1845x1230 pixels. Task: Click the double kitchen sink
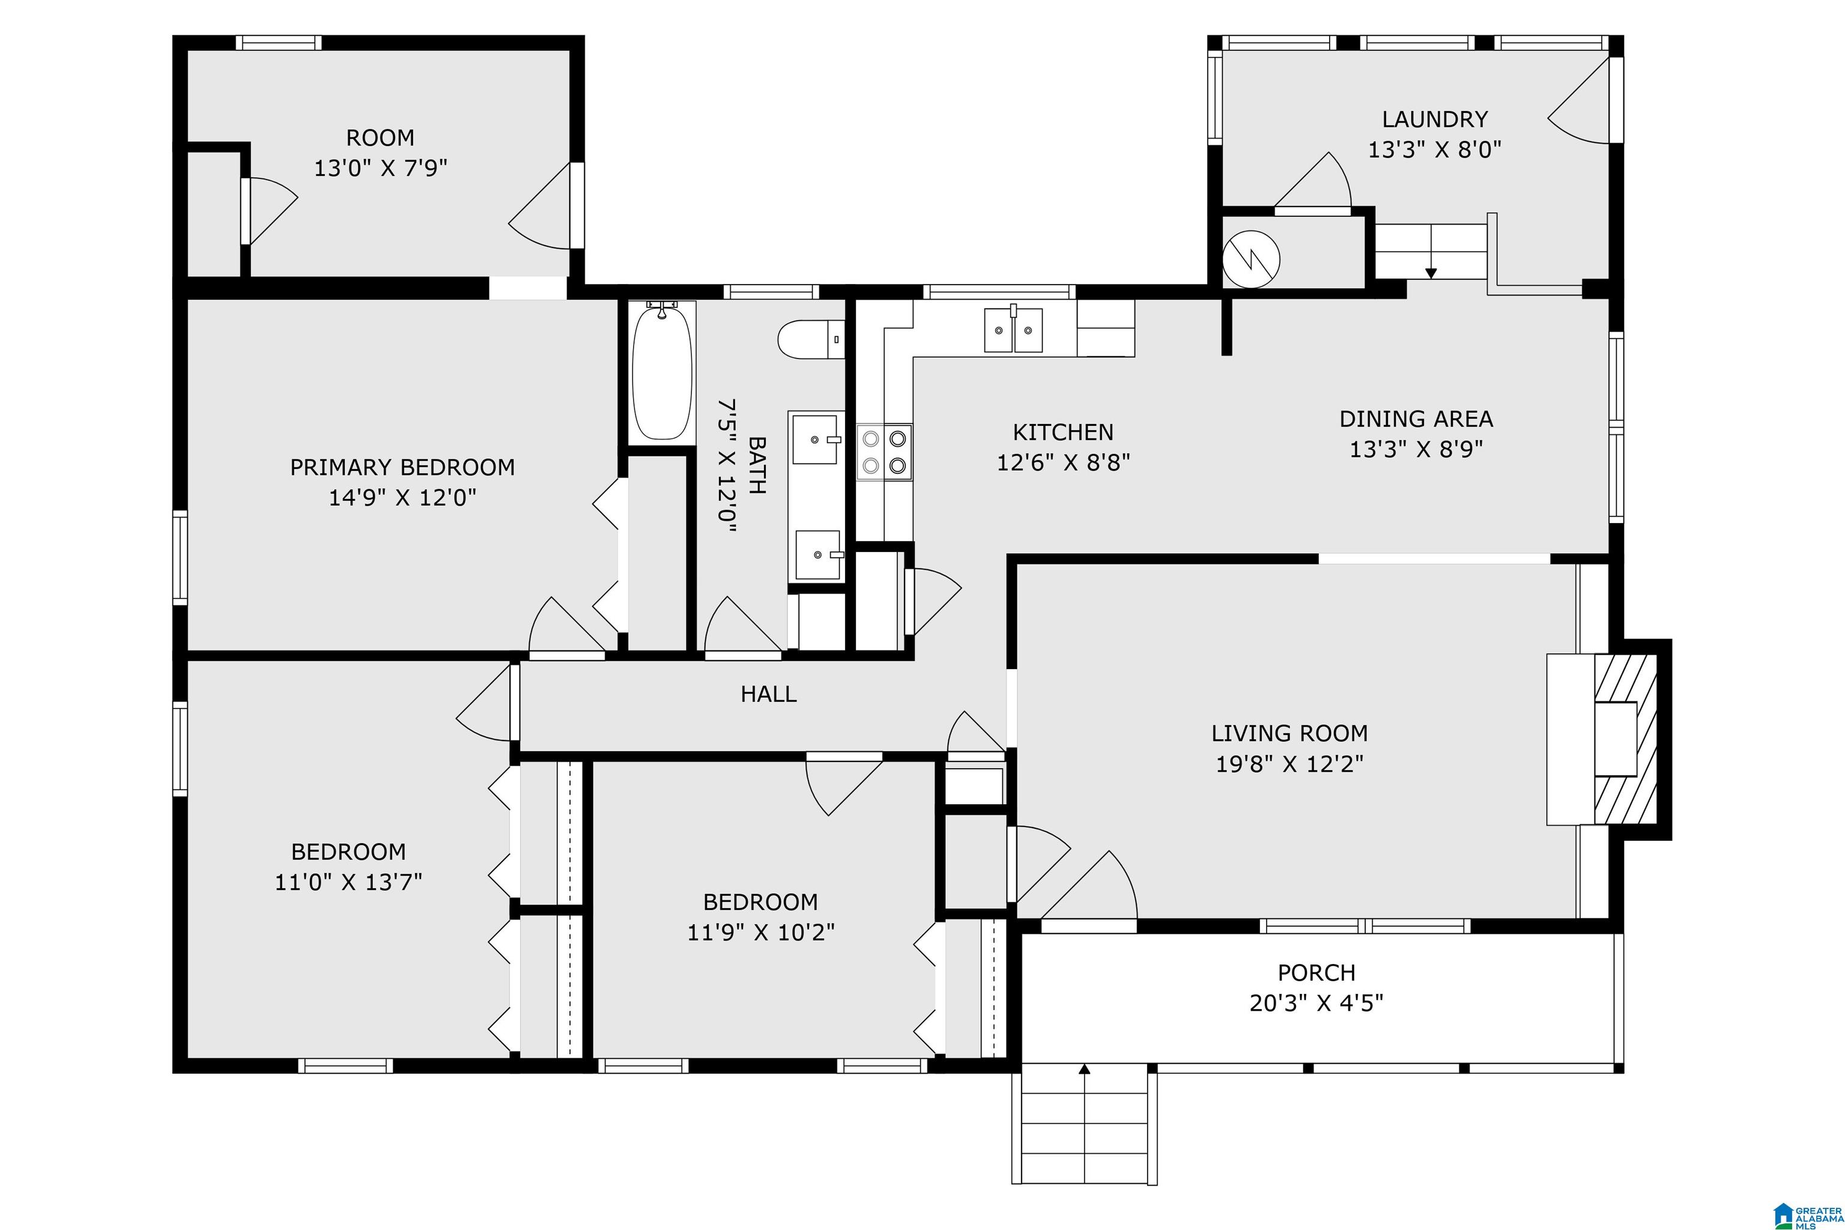[x=1014, y=330]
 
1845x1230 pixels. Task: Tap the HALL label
[x=769, y=694]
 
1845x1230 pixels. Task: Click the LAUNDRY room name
[x=1435, y=120]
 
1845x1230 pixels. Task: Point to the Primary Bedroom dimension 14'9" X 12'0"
[x=402, y=497]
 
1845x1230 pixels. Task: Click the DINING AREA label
[x=1416, y=419]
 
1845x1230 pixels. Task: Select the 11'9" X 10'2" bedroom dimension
[x=761, y=933]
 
